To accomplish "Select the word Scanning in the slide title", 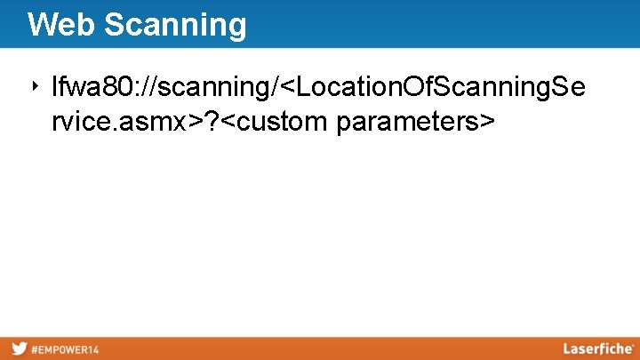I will [174, 25].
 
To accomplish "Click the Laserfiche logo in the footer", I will [597, 348].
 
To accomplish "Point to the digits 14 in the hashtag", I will [92, 349].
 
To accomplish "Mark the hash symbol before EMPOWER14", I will [35, 349].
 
